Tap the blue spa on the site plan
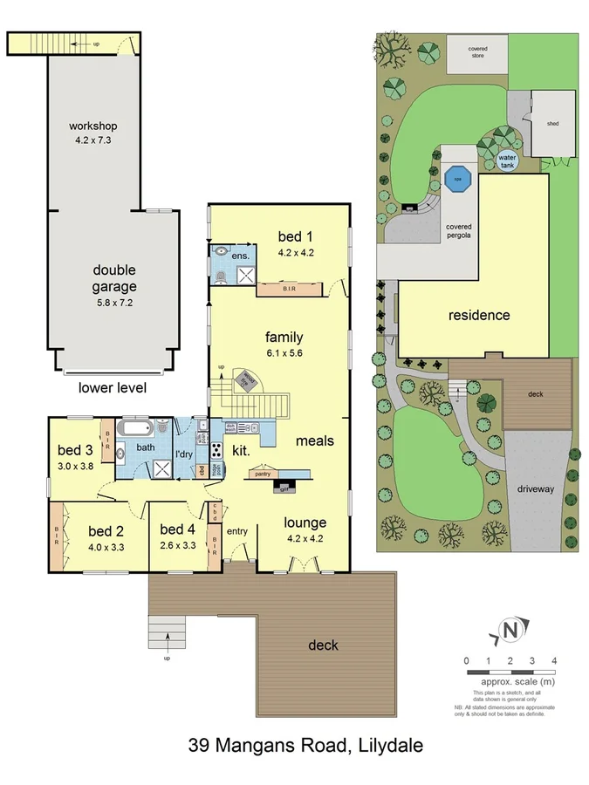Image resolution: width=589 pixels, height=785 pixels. pyautogui.click(x=456, y=181)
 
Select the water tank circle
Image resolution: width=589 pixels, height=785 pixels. pyautogui.click(x=507, y=160)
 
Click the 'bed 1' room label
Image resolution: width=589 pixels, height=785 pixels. pyautogui.click(x=295, y=235)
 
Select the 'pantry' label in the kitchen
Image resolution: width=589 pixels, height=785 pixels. pyautogui.click(x=260, y=474)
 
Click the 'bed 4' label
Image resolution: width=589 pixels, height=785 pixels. pyautogui.click(x=177, y=529)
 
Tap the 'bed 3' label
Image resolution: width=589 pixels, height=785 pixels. pyautogui.click(x=76, y=450)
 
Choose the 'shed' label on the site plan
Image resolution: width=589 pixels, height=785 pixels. pyautogui.click(x=552, y=124)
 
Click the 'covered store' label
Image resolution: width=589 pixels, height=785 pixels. pyautogui.click(x=476, y=52)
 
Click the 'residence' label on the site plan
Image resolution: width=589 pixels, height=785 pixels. pyautogui.click(x=479, y=315)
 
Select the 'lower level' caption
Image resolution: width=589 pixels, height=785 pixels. pyautogui.click(x=113, y=387)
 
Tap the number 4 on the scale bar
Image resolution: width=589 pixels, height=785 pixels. pyautogui.click(x=554, y=660)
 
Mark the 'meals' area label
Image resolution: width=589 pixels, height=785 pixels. pyautogui.click(x=314, y=440)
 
